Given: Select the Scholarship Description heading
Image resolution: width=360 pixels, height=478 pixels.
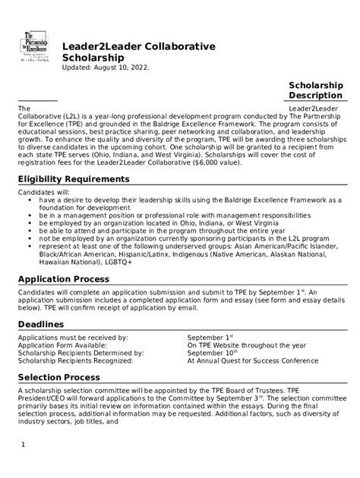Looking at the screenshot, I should [x=316, y=91].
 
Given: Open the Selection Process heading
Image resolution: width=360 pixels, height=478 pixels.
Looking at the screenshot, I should [x=58, y=377].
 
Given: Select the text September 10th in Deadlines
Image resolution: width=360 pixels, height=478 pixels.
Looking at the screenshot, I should [x=212, y=353].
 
